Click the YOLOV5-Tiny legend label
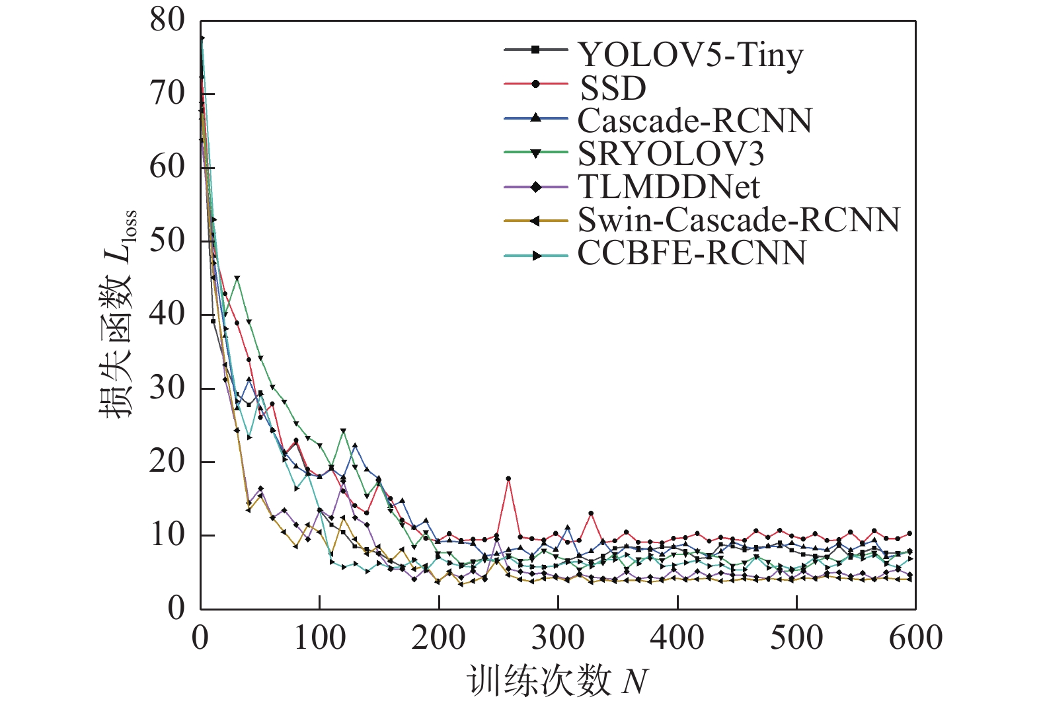pos(690,55)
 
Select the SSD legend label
pos(612,88)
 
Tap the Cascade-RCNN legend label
pos(695,120)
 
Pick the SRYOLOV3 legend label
pos(670,153)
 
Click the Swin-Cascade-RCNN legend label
pos(738,219)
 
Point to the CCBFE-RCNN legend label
pos(691,252)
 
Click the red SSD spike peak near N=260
pos(508,478)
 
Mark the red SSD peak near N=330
pos(591,513)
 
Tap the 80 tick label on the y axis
pos(167,20)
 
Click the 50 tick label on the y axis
pos(167,241)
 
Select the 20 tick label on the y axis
pos(167,461)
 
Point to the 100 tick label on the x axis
pos(319,638)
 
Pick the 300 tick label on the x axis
pos(558,638)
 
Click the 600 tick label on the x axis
pos(915,638)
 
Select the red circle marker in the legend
pos(535,84)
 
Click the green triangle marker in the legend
pos(535,153)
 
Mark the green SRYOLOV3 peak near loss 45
pos(237,279)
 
